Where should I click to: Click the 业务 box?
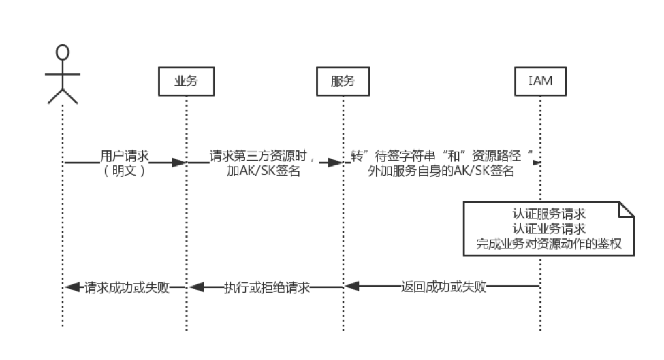pyautogui.click(x=186, y=82)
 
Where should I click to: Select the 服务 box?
pyautogui.click(x=343, y=82)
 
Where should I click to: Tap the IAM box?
pyautogui.click(x=540, y=82)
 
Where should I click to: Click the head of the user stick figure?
pyautogui.click(x=63, y=53)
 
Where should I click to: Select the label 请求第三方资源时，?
pyautogui.click(x=262, y=156)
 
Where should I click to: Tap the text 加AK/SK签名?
pyautogui.click(x=262, y=171)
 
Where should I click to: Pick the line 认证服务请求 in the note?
pyautogui.click(x=548, y=213)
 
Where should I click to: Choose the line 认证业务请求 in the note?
pyautogui.click(x=548, y=228)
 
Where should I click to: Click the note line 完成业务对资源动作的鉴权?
pyautogui.click(x=548, y=243)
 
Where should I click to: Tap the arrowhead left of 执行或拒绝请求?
pyautogui.click(x=196, y=287)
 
